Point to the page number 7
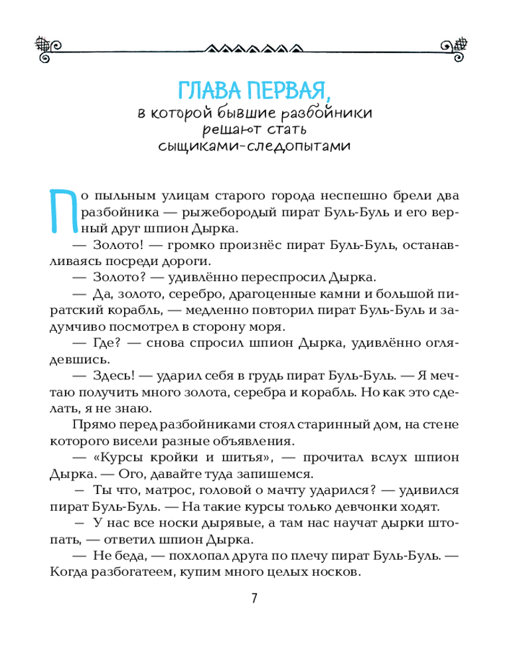[x=254, y=598]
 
